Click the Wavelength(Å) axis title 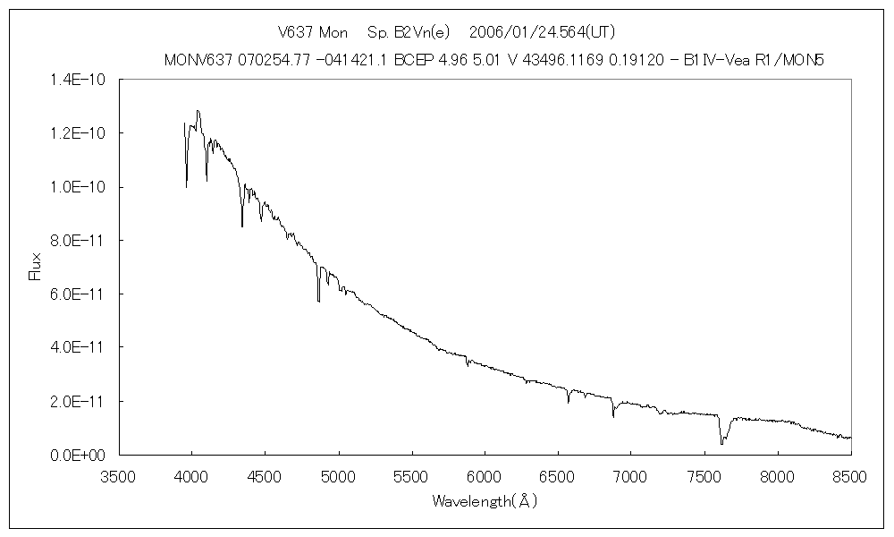coord(485,501)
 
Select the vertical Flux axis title coord(36,267)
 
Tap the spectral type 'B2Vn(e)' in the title coord(410,32)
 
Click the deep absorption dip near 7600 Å coord(721,442)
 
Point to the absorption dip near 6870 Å coord(613,416)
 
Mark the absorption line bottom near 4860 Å coord(318,301)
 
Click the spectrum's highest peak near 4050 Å coord(198,111)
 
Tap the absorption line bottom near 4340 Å coord(241,226)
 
